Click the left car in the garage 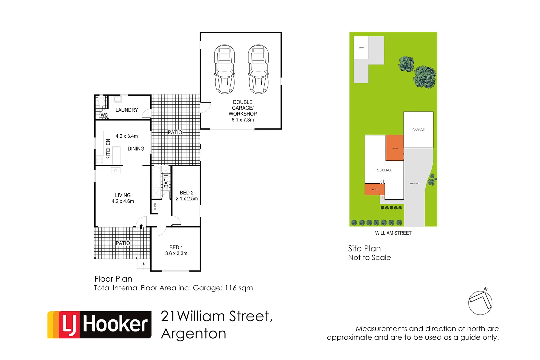coord(224,69)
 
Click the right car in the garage coord(258,69)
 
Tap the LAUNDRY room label coord(127,110)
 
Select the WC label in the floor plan coord(104,115)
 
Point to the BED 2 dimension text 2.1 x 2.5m coord(187,199)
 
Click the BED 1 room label coord(176,247)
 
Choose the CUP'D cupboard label coord(155,207)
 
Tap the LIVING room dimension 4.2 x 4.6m coord(123,201)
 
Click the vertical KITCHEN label coord(108,149)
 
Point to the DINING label coord(136,149)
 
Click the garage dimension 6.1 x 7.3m coord(243,120)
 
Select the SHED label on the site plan coord(361,48)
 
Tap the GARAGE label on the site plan coord(418,130)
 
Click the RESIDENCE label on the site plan coord(384,170)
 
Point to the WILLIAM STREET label coord(393,233)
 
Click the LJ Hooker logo coord(99,325)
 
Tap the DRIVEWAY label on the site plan coord(415,184)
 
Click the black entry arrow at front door coord(141,226)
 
